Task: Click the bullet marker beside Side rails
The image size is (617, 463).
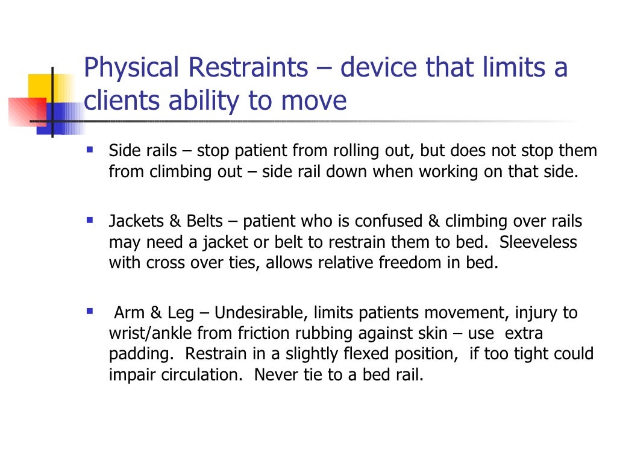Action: (x=89, y=148)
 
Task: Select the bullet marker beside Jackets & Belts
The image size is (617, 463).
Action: (x=89, y=218)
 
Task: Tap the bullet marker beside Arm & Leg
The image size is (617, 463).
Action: (x=89, y=310)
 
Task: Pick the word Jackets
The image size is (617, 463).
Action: (x=134, y=222)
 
